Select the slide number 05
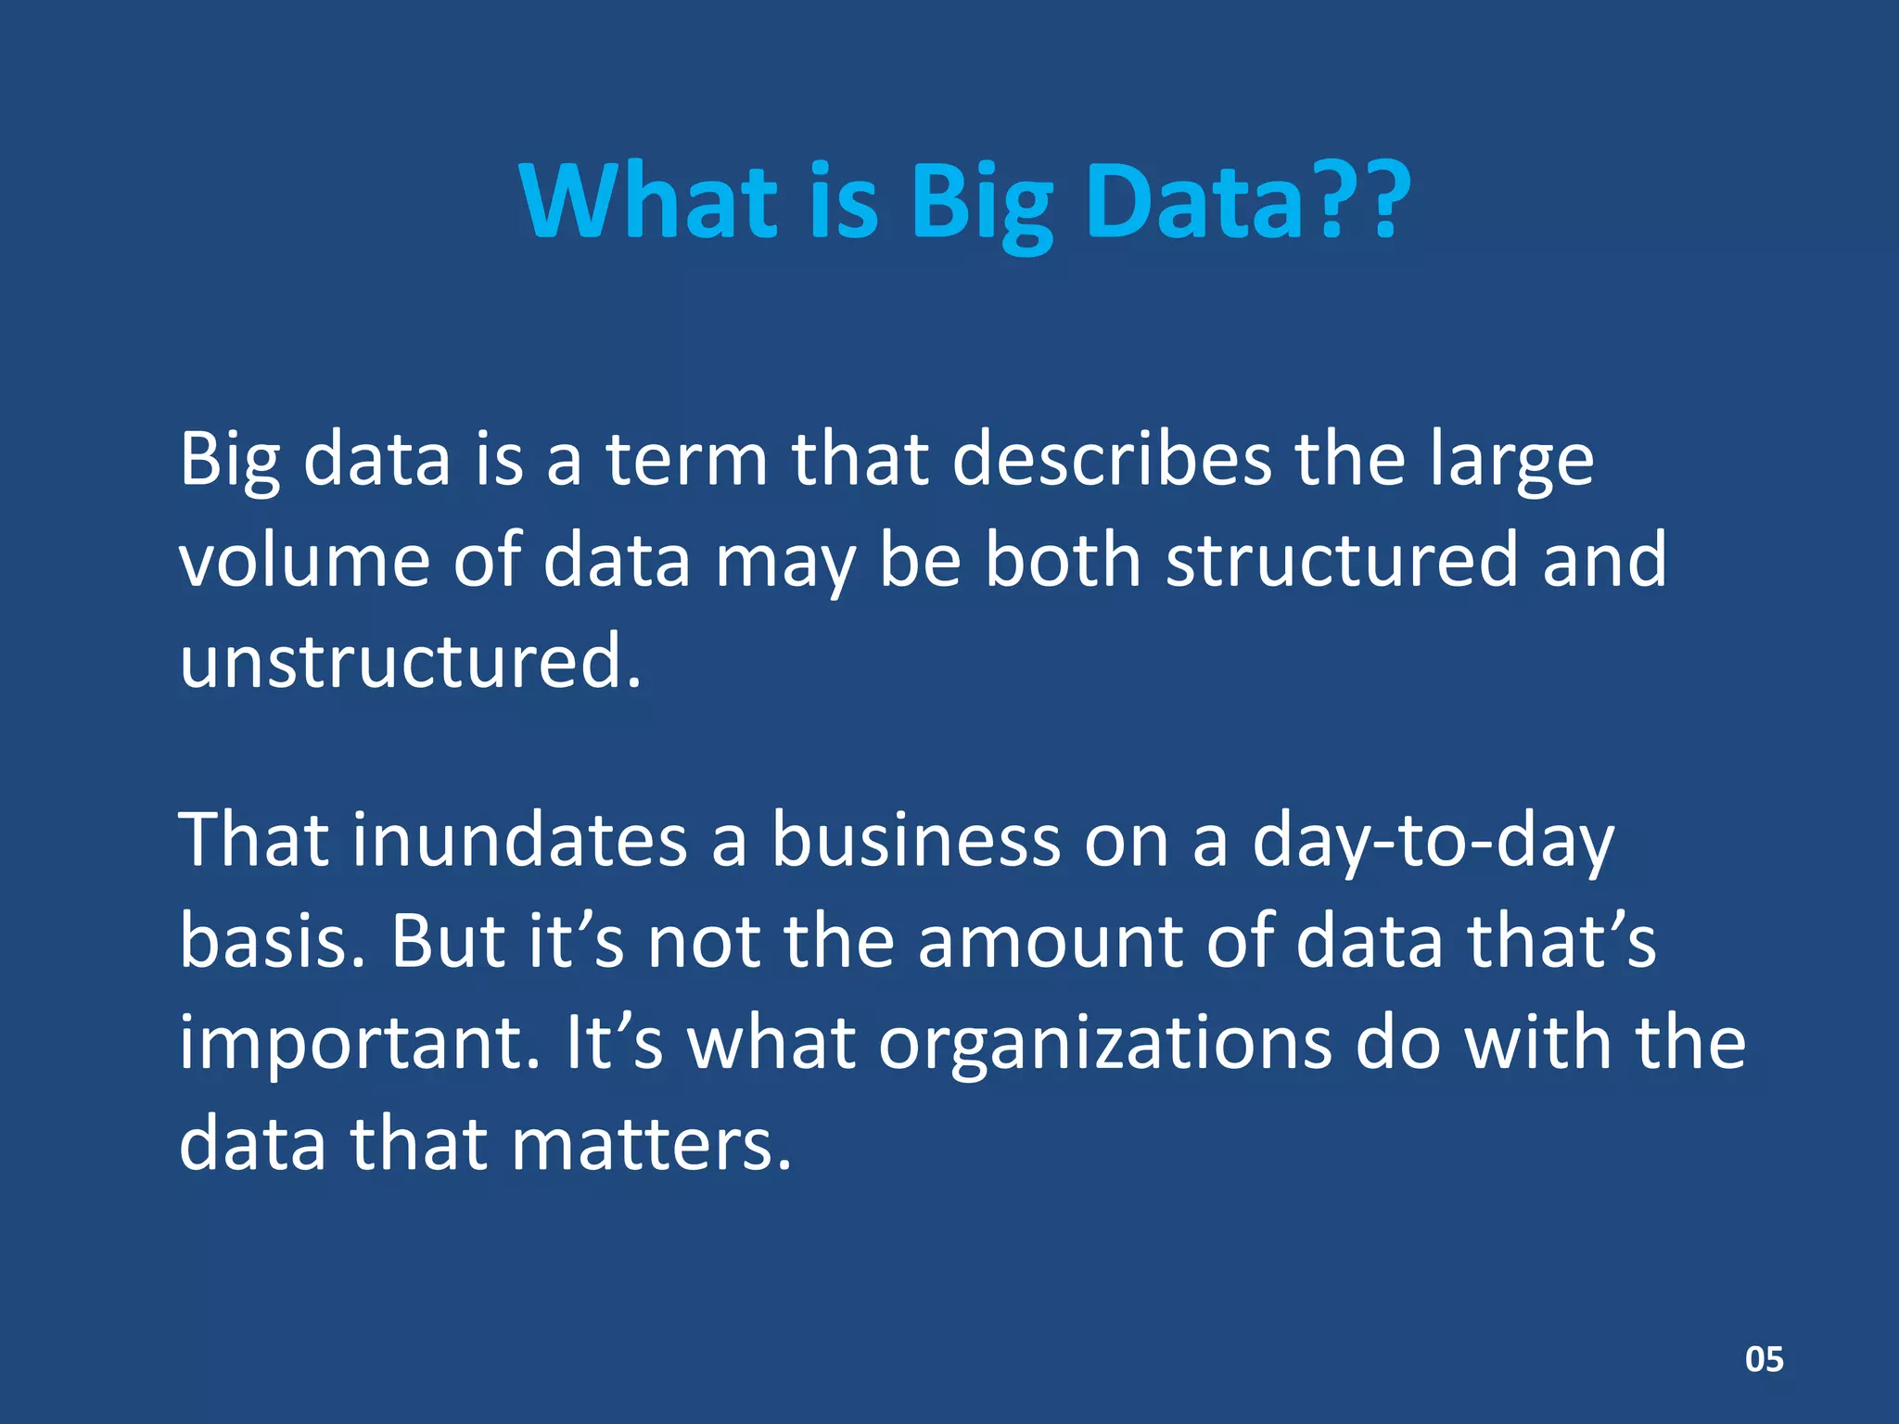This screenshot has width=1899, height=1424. (x=1764, y=1359)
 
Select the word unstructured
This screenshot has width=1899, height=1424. (x=409, y=661)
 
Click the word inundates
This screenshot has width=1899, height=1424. (x=519, y=840)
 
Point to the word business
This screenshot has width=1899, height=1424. (x=915, y=840)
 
